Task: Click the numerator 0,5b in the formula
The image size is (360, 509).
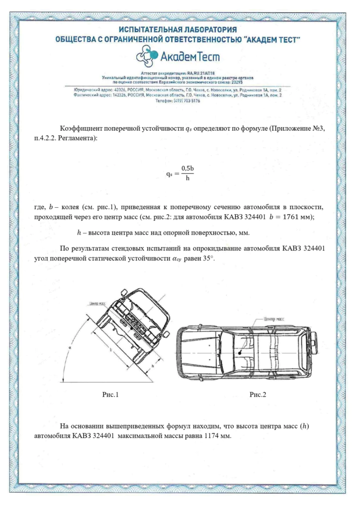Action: tap(187, 169)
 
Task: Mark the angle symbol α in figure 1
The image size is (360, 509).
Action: tap(71, 348)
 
